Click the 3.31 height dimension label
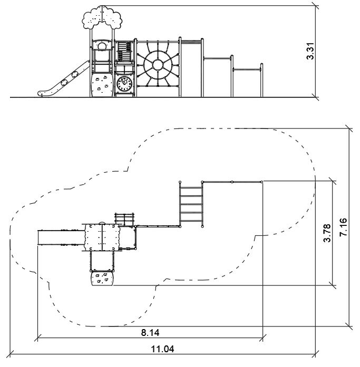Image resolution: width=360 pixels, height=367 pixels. (x=310, y=51)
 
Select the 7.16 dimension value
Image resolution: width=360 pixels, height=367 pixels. (x=343, y=227)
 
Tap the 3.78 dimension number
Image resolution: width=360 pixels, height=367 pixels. (x=327, y=233)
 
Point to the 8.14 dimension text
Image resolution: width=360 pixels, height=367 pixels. (x=150, y=333)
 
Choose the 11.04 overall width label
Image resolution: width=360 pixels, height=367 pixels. (x=162, y=349)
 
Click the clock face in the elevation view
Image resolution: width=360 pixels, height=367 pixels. (x=124, y=84)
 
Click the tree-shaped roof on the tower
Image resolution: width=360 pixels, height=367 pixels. (x=102, y=17)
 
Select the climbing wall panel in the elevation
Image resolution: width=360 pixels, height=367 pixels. (x=101, y=85)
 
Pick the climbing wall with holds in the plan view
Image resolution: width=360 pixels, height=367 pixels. (x=102, y=279)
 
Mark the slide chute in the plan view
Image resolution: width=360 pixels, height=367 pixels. (x=61, y=238)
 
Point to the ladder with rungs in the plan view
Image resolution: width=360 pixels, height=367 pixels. (x=191, y=204)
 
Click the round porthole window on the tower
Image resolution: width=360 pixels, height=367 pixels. (x=102, y=46)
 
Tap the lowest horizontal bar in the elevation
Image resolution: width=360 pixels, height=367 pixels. (x=247, y=70)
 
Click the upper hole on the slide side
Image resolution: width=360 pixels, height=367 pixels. (x=75, y=74)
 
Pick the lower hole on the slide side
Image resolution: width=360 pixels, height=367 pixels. (x=64, y=83)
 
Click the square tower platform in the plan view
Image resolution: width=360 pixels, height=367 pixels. (x=102, y=237)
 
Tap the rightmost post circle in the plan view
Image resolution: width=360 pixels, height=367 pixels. (x=261, y=182)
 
